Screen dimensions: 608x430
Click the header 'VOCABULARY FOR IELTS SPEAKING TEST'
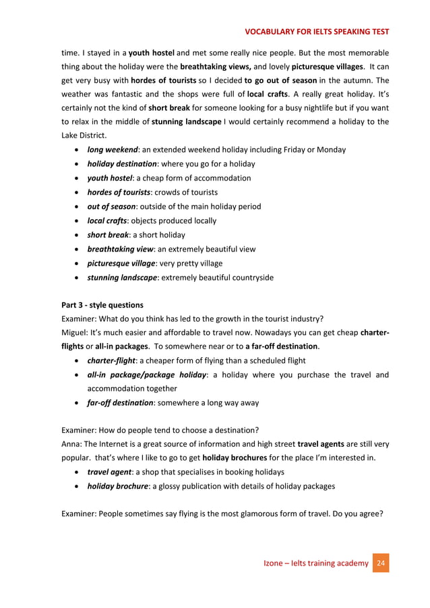coord(316,31)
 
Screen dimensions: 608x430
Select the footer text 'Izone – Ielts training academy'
coord(315,563)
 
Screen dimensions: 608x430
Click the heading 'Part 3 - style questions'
coord(102,305)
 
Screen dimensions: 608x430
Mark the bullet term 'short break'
coord(109,235)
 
